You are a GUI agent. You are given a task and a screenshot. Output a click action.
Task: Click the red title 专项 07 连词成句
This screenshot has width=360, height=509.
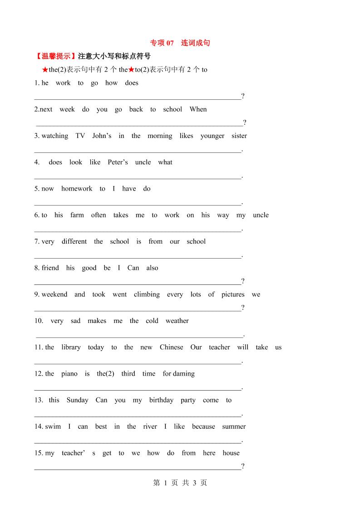click(180, 43)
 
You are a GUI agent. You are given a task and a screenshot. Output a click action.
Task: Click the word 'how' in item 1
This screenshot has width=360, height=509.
click(111, 83)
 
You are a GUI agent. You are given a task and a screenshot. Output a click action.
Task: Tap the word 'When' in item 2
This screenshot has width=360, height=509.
click(198, 109)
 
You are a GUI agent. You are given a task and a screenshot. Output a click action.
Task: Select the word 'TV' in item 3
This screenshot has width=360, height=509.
click(80, 136)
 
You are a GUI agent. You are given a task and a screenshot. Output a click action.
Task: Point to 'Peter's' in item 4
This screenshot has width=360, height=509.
click(118, 162)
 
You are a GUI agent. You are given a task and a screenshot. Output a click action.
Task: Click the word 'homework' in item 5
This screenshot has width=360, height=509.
click(77, 189)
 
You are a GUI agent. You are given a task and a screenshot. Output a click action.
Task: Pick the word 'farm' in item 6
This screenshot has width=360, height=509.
click(77, 215)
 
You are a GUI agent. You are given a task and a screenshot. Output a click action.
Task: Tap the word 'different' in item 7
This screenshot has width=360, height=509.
click(74, 241)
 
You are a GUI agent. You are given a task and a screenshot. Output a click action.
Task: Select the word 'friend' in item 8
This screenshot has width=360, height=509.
click(50, 268)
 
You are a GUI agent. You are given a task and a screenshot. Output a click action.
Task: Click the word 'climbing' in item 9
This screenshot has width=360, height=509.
click(147, 294)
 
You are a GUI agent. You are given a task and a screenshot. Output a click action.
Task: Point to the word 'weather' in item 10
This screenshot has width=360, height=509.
click(177, 321)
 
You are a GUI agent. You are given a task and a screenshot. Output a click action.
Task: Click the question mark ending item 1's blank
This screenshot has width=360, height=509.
click(243, 96)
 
